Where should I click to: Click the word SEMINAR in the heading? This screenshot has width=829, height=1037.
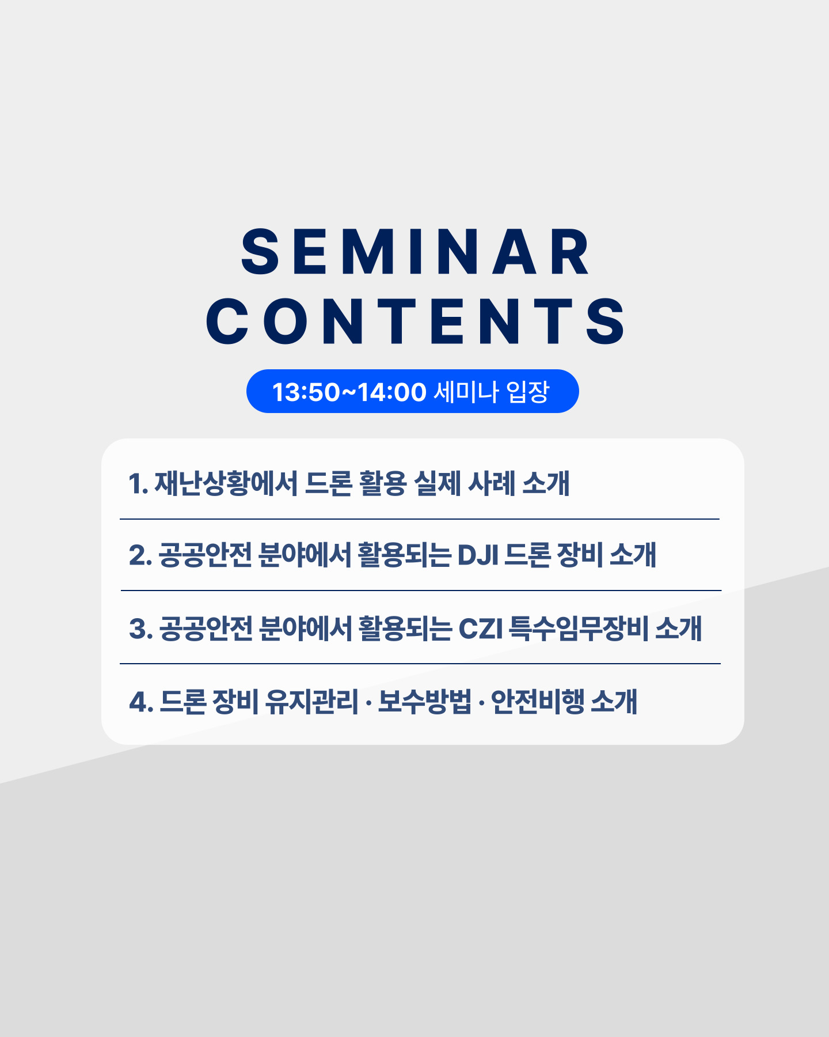pyautogui.click(x=415, y=252)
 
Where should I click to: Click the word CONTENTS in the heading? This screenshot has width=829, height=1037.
pyautogui.click(x=415, y=321)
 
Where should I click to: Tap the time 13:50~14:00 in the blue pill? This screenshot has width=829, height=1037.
pyautogui.click(x=349, y=392)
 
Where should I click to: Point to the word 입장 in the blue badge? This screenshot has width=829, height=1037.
pyautogui.click(x=528, y=392)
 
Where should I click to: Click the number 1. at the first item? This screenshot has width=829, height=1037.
pyautogui.click(x=138, y=484)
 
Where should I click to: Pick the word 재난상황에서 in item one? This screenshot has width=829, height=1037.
pyautogui.click(x=226, y=483)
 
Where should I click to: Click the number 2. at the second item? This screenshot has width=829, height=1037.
pyautogui.click(x=140, y=556)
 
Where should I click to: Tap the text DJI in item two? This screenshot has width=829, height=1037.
pyautogui.click(x=478, y=556)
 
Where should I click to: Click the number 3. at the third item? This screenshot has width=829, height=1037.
pyautogui.click(x=141, y=629)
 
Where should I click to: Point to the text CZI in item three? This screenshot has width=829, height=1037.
pyautogui.click(x=480, y=629)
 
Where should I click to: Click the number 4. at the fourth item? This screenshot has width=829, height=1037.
pyautogui.click(x=141, y=702)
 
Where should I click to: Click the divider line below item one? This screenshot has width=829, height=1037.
pyautogui.click(x=420, y=519)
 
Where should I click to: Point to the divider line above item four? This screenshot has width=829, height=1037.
pyautogui.click(x=420, y=664)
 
